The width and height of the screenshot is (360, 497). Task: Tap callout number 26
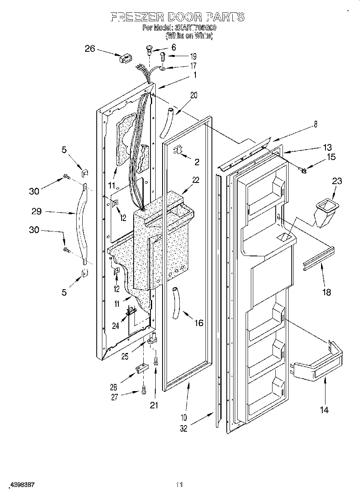click(90, 49)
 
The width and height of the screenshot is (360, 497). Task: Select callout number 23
click(337, 181)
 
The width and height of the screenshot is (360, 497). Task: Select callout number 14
click(324, 410)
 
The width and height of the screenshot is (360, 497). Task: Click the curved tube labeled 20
click(166, 122)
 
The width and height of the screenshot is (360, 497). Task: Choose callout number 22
click(195, 181)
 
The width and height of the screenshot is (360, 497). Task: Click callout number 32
click(183, 428)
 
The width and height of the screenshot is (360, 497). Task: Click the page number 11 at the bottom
click(179, 485)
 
